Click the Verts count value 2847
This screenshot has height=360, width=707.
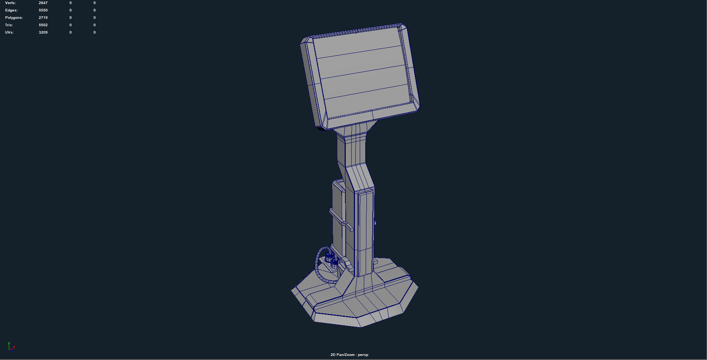coord(43,3)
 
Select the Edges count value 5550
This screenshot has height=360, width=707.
coord(43,10)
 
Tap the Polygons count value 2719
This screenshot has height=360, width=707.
coord(43,18)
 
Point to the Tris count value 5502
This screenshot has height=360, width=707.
coord(43,25)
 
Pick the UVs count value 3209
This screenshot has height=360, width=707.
coord(43,32)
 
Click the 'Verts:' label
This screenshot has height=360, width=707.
coord(10,3)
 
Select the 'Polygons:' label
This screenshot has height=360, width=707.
coord(14,18)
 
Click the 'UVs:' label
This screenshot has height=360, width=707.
coord(9,32)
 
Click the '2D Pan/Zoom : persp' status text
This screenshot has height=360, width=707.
coord(349,355)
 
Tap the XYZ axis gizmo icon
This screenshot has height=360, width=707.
coord(11,347)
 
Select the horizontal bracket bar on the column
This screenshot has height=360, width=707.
coord(341,219)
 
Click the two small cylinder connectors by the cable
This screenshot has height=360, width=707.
coord(332,259)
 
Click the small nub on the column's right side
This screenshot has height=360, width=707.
coord(375,223)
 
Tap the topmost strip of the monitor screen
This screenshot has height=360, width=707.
coord(358,42)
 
